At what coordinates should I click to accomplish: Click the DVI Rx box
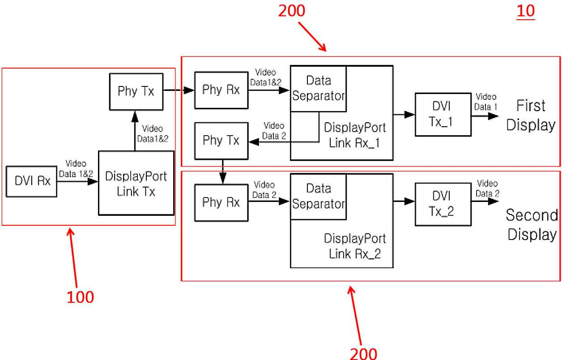31,181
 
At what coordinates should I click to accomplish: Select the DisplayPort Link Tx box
136,183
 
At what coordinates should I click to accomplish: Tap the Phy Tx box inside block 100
136,92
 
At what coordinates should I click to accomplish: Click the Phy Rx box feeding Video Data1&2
221,90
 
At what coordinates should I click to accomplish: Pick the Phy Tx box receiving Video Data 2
221,141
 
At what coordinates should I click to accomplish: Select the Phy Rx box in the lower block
221,202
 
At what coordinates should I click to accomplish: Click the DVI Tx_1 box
443,115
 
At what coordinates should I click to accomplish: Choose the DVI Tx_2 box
443,204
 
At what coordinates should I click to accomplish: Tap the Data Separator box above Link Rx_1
319,89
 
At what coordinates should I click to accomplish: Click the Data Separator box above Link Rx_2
319,197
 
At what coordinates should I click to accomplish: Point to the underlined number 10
526,11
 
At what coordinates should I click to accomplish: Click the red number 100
80,297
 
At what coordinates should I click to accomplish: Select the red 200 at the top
292,11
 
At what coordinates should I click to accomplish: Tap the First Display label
531,115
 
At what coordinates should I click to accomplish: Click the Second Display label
532,225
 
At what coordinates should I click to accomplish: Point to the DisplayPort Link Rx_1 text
355,135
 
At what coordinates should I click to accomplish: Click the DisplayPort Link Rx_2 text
355,246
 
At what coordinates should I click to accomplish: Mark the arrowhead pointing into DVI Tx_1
409,115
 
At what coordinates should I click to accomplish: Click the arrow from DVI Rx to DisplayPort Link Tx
77,181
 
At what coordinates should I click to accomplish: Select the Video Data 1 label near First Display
486,102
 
